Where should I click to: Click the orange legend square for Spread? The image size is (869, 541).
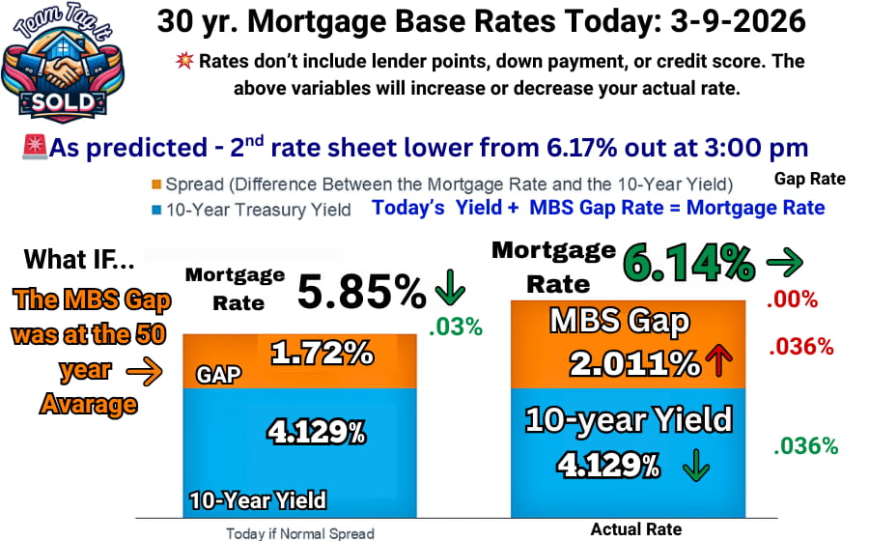coord(155,185)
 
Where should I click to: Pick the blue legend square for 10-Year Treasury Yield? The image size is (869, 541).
coord(155,209)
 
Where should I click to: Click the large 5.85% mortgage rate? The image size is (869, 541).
coord(361,291)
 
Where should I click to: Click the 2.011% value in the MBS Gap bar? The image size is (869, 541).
coord(634,363)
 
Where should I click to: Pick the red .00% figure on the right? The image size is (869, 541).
coord(792,299)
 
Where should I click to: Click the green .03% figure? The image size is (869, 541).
coord(455,327)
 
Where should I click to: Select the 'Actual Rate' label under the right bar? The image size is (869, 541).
coord(636,528)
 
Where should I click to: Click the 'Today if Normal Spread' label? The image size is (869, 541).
coord(299,532)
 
